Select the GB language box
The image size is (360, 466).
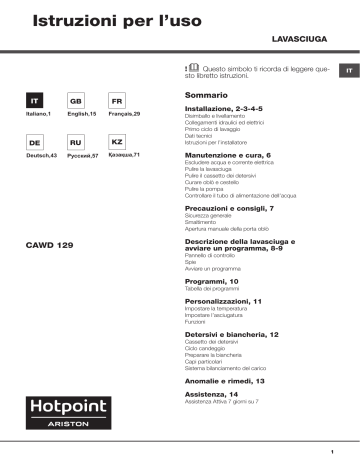coord(74,103)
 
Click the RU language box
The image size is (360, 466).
coord(74,143)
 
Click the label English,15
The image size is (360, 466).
coord(74,117)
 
